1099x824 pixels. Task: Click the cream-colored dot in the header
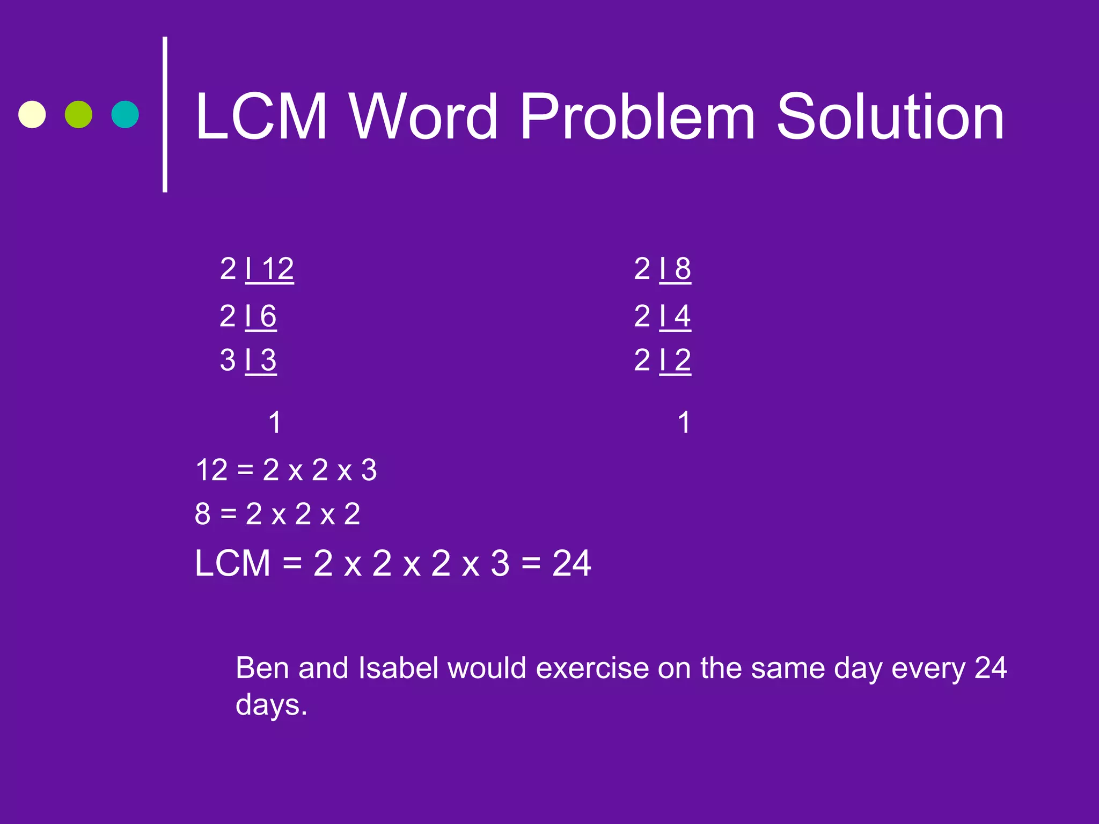click(x=32, y=114)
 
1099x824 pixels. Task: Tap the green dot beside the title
click(x=78, y=114)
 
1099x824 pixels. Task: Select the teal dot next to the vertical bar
click(x=125, y=114)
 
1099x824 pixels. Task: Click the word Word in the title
click(x=423, y=116)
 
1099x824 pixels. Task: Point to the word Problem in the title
click(x=638, y=116)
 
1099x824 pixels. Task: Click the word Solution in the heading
click(x=890, y=116)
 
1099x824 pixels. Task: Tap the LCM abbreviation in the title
click(x=261, y=116)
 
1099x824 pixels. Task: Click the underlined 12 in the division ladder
click(x=278, y=269)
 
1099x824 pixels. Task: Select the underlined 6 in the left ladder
click(x=268, y=316)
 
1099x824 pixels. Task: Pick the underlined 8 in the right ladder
click(x=683, y=269)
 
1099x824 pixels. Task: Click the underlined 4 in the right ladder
click(x=683, y=316)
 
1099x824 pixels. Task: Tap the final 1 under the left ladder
click(x=275, y=422)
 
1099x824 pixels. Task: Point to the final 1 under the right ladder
click(x=684, y=422)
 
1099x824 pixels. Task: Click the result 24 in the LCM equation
click(x=572, y=564)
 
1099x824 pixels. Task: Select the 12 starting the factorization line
click(x=212, y=470)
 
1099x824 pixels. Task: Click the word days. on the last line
click(x=272, y=705)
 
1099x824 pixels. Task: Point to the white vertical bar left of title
click(x=165, y=114)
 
